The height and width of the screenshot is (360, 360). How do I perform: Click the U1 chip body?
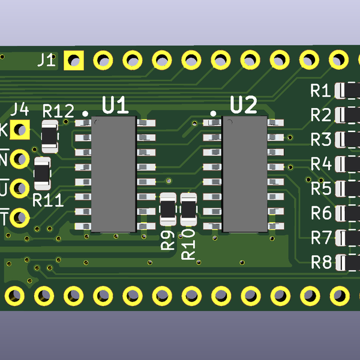[x=113, y=174]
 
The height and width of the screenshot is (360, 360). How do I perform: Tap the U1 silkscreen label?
[x=115, y=106]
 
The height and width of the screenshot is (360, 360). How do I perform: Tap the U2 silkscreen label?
[x=244, y=105]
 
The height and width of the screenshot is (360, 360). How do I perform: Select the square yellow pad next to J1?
[x=74, y=60]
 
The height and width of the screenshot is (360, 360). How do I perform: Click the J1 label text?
[x=46, y=60]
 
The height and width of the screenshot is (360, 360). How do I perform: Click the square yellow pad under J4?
[x=21, y=129]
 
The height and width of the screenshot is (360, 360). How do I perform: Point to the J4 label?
[x=20, y=109]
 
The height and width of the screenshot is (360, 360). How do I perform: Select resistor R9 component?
[x=169, y=209]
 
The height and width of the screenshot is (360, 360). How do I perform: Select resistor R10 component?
[x=189, y=209]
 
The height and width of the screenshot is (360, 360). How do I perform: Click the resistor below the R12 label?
[x=50, y=136]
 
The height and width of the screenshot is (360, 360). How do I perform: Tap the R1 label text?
[x=321, y=91]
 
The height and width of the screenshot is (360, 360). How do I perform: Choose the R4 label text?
[x=321, y=164]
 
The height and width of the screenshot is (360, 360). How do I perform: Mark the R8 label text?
[x=321, y=262]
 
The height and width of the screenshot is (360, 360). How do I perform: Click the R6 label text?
[x=321, y=213]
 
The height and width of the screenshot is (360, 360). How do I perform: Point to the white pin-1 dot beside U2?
[x=213, y=113]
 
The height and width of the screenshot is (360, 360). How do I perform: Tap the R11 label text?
[x=48, y=200]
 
